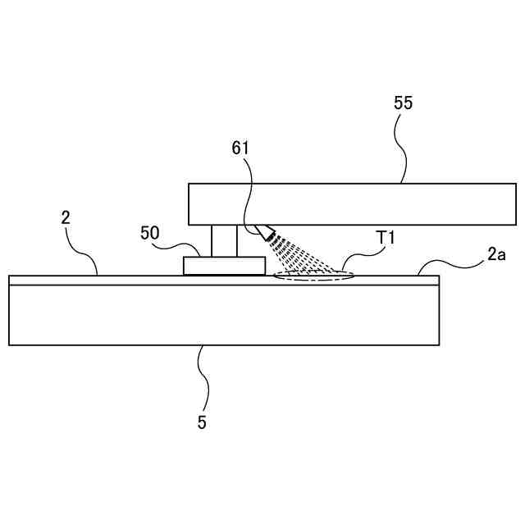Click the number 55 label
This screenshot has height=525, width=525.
(403, 103)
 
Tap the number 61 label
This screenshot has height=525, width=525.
(240, 148)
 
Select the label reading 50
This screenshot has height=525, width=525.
(149, 233)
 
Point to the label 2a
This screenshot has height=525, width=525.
(496, 254)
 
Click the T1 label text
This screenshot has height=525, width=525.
(386, 237)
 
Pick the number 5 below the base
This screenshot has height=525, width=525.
(202, 422)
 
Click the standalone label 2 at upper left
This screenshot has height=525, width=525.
(66, 217)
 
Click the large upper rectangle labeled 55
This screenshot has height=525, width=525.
(352, 203)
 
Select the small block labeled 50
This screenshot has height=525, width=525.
(224, 266)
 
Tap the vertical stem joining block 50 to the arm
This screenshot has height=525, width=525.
(224, 240)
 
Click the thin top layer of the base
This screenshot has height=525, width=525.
(123, 280)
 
